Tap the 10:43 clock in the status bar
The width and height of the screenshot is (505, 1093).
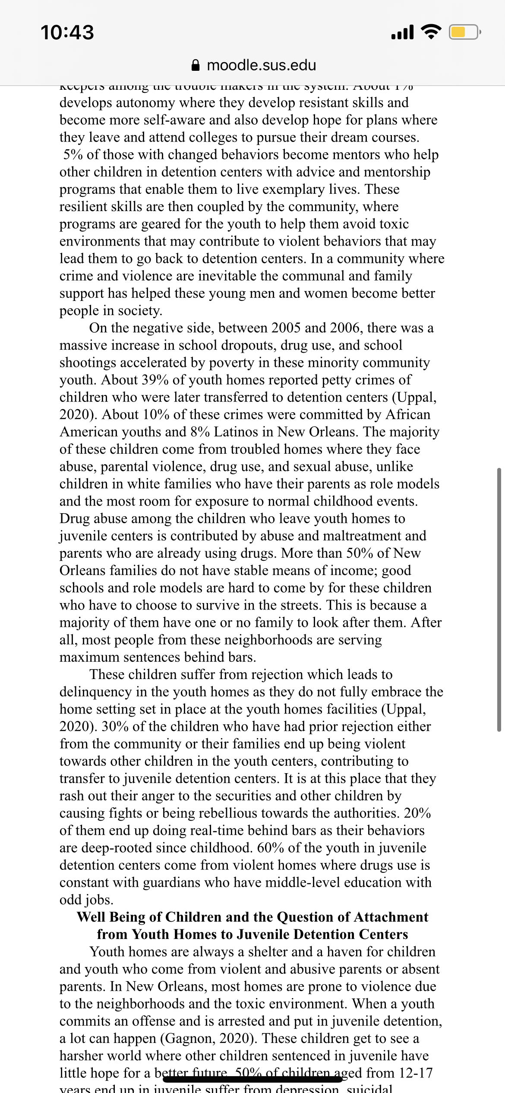(67, 33)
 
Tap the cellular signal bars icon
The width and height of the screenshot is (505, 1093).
(402, 32)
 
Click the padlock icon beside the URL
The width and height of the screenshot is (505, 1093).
(196, 65)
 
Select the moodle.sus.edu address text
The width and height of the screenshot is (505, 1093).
(262, 65)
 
